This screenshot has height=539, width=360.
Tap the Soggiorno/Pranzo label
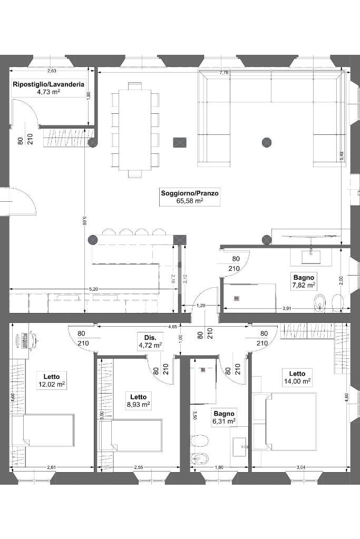[x=190, y=193]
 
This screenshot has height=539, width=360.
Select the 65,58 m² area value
[x=190, y=201]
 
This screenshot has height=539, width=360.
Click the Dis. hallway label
[x=143, y=338]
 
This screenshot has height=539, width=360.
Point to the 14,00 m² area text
[x=297, y=381]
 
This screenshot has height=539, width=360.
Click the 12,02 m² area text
[x=52, y=385]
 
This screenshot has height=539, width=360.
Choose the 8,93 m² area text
[x=138, y=405]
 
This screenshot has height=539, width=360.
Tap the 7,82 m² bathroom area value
[x=304, y=285]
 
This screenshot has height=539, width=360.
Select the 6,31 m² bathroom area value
[x=223, y=422]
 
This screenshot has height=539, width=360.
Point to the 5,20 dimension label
[x=93, y=289]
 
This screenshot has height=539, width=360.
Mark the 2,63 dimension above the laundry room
[x=52, y=71]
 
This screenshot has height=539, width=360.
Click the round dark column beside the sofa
[x=267, y=142]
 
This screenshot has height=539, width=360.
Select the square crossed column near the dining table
[x=180, y=142]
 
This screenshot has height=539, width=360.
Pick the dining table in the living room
[x=135, y=129]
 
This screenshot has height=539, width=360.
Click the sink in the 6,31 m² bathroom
[x=240, y=446]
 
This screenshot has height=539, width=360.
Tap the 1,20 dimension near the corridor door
[x=201, y=306]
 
